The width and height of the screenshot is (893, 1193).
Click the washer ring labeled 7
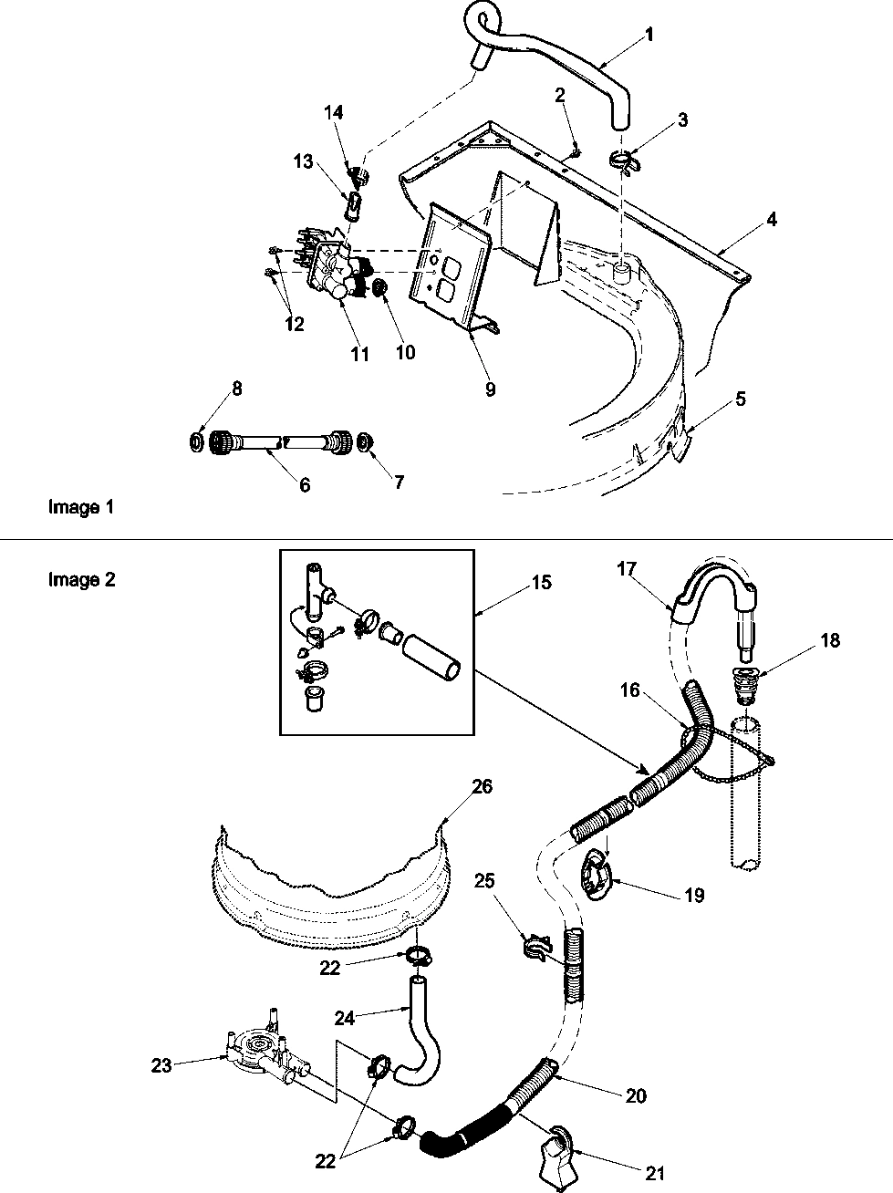(364, 442)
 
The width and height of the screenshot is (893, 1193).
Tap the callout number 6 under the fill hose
(304, 485)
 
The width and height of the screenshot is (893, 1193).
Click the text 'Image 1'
(81, 507)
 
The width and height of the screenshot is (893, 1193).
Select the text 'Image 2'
(81, 579)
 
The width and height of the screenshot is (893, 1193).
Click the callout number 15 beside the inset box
(541, 582)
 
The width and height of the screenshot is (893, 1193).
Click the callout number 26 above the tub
(482, 786)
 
